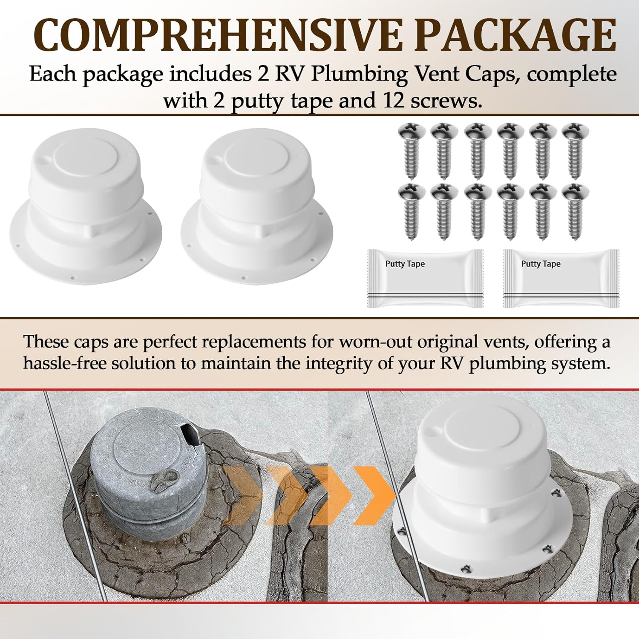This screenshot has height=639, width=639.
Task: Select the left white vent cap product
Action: pos(85,209)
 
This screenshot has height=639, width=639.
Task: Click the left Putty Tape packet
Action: pos(425,278)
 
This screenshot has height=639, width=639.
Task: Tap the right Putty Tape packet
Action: pos(561,278)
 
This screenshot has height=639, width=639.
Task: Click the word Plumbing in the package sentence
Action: pos(359,74)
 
